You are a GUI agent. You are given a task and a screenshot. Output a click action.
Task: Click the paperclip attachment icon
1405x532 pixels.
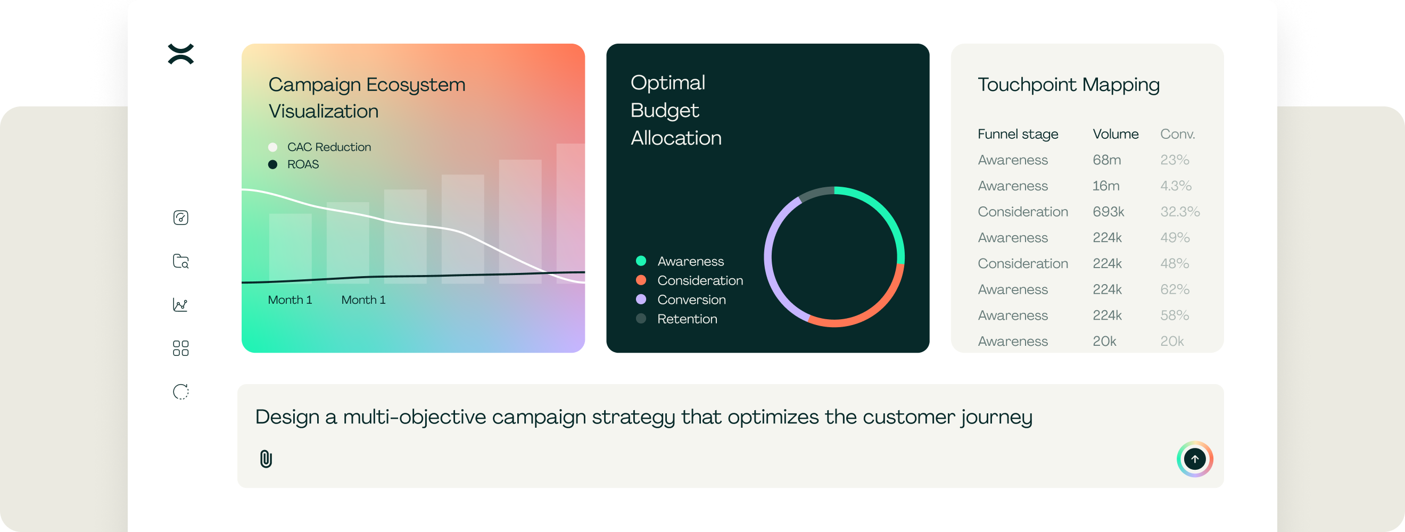point(266,459)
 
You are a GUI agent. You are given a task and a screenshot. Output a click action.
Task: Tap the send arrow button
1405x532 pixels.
point(1194,459)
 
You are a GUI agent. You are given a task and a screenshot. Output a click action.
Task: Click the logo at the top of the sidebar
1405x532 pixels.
point(181,54)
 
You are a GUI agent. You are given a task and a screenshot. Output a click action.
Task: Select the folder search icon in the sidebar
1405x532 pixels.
point(180,261)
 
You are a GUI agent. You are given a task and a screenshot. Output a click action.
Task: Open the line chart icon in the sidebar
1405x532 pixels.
point(180,305)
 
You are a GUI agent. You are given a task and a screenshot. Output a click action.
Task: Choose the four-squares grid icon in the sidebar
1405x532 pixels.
point(180,348)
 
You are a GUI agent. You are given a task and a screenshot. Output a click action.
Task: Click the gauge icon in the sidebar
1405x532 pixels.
point(180,218)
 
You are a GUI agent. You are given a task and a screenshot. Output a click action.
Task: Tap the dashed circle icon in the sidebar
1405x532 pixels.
point(180,392)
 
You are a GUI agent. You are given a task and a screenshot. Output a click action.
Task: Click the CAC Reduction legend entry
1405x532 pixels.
point(320,147)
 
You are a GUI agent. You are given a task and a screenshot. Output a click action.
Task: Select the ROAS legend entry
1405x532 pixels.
point(293,164)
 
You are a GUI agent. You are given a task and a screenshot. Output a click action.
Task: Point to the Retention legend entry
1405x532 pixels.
point(676,319)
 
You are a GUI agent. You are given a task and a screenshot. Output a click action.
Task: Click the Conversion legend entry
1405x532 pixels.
point(681,300)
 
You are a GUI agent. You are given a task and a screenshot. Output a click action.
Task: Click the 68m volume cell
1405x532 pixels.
point(1106,160)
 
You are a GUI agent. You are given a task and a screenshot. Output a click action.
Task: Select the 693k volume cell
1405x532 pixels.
point(1108,212)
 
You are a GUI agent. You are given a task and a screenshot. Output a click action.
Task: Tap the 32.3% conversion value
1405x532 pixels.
point(1180,212)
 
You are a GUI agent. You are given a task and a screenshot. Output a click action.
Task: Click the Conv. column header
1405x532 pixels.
point(1178,134)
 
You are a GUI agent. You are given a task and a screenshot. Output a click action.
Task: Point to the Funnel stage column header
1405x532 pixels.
point(1018,134)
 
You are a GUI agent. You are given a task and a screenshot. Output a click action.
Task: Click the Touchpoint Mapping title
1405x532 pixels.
point(1069,85)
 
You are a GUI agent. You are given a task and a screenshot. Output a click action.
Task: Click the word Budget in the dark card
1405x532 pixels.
point(664,111)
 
